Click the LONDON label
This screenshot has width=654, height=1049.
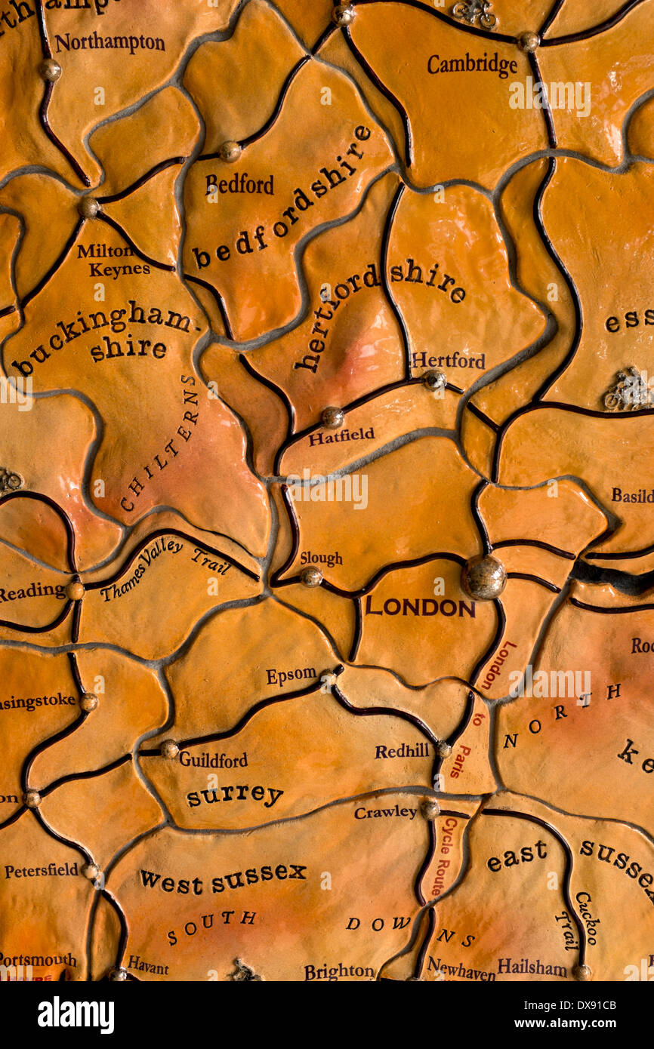(x=420, y=607)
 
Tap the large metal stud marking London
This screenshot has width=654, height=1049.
(x=483, y=577)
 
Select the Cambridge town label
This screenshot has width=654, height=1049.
(x=472, y=65)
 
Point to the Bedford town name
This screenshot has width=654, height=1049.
(x=239, y=183)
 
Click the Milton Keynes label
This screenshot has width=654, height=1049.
(x=115, y=260)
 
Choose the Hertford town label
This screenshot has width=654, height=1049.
(x=448, y=361)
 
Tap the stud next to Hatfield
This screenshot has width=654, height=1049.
(x=332, y=417)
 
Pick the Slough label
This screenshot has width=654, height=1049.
(x=321, y=558)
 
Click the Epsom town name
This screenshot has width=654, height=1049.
(x=291, y=675)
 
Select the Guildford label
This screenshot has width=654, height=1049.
(x=213, y=759)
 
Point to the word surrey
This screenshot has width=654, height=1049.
(x=235, y=795)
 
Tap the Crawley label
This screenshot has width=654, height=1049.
(x=385, y=812)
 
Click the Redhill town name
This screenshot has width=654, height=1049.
(x=402, y=751)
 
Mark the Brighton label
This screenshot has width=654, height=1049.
(x=339, y=971)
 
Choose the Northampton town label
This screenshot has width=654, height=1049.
(x=110, y=42)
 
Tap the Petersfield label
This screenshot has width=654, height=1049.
(x=42, y=870)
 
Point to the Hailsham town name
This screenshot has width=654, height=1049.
(x=532, y=967)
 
